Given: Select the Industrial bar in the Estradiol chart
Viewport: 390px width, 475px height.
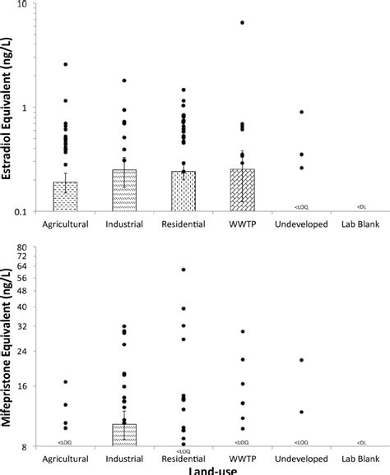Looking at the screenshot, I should coord(124,191).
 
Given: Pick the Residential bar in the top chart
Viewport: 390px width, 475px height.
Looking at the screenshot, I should coord(183,192).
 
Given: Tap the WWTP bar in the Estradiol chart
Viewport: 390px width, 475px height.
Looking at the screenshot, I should coord(243,191).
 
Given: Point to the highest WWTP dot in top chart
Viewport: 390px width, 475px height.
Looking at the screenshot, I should coord(243,22).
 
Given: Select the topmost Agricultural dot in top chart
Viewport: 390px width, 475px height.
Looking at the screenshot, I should coord(65,64).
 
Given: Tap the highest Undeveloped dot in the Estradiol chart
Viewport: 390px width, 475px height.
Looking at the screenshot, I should coord(301,112).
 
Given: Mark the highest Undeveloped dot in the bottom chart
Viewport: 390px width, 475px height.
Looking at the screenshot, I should coord(301,360).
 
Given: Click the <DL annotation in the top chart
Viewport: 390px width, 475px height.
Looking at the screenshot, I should coord(361,206).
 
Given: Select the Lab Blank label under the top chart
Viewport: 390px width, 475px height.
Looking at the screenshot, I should coord(360,224).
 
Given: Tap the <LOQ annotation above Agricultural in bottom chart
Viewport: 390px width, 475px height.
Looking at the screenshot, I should coord(65,442).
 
